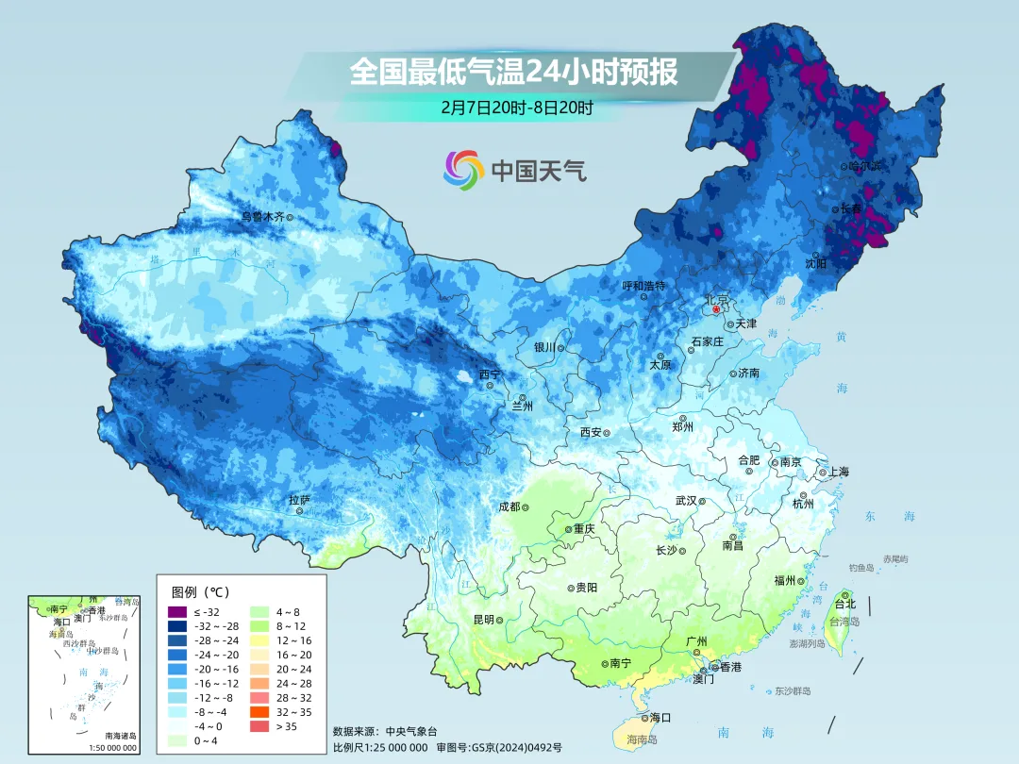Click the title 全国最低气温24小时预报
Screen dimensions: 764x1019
513,72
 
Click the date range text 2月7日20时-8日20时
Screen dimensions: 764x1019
516,108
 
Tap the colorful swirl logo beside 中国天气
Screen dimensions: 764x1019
463,170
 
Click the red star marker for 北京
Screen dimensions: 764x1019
716,309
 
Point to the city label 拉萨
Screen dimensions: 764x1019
299,500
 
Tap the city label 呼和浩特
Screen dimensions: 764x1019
643,286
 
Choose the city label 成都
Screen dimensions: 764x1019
509,507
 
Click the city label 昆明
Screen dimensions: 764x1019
483,620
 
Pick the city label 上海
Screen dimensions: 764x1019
839,472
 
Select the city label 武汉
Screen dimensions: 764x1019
685,501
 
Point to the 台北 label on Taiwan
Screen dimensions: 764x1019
844,604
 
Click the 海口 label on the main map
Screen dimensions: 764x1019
660,718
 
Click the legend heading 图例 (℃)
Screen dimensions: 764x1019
200,592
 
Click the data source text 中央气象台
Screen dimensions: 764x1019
412,731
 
